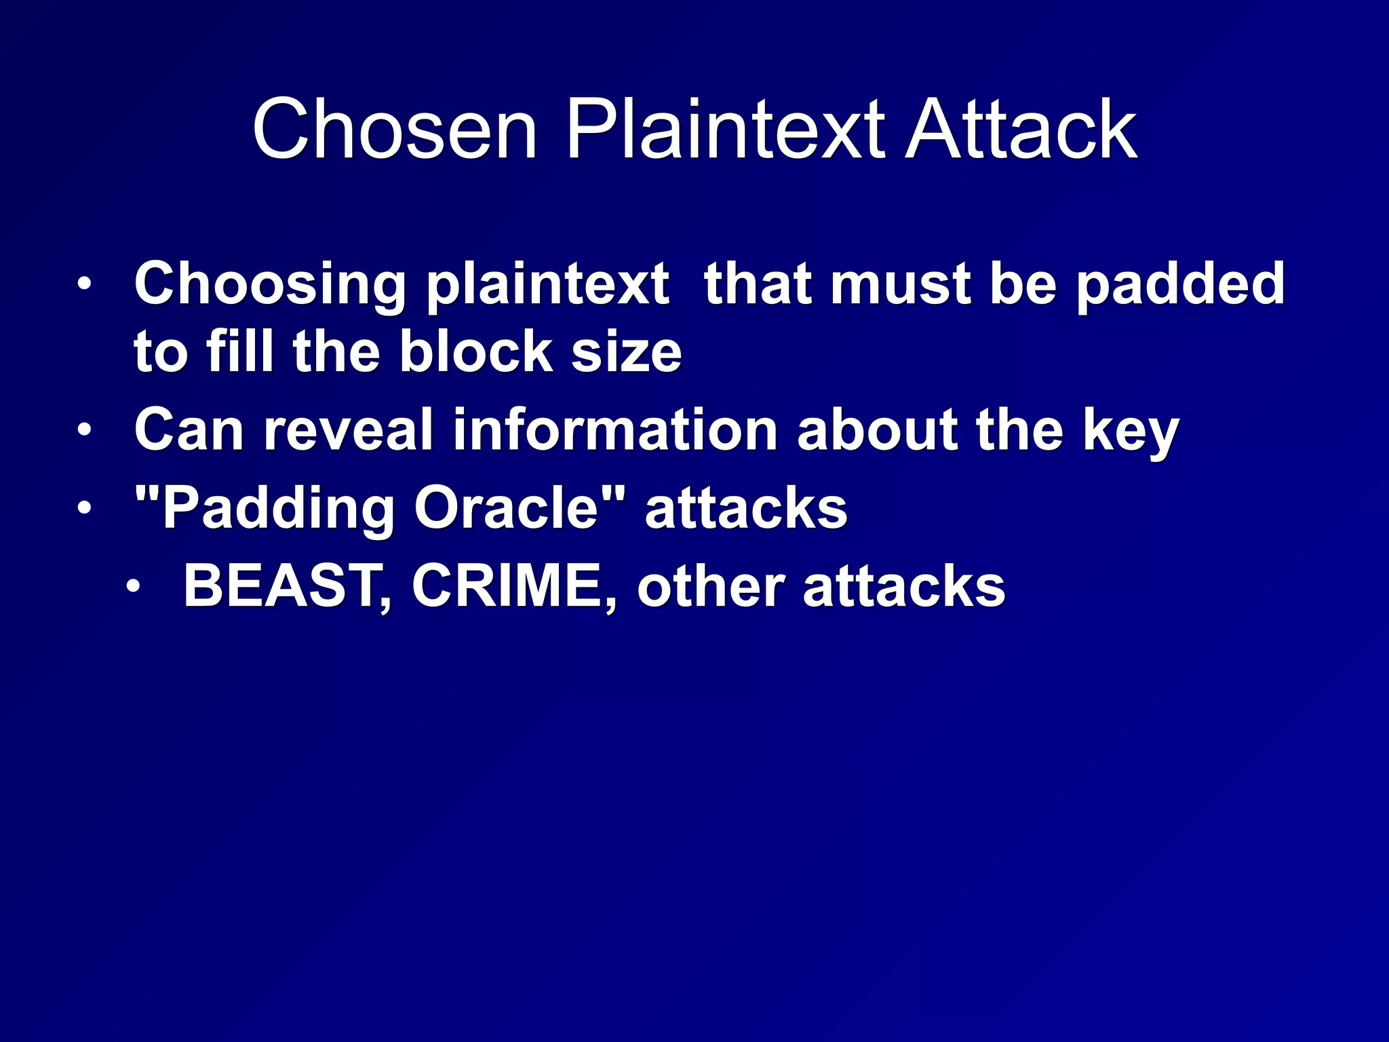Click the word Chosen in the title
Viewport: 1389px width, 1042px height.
pos(395,129)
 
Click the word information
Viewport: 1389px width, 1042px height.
pos(615,429)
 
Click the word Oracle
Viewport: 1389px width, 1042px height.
pos(507,508)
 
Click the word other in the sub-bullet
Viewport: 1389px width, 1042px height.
pos(711,586)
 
